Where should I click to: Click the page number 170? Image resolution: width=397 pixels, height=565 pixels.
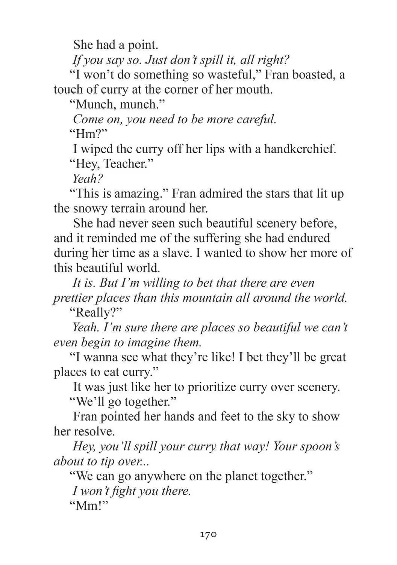[x=208, y=534]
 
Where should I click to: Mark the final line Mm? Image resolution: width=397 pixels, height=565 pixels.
[x=89, y=506]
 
